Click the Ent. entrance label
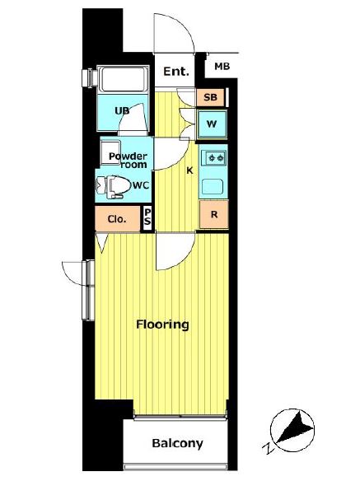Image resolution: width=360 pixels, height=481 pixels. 175,72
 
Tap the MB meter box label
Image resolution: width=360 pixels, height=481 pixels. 222,66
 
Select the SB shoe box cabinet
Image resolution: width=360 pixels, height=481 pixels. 211,97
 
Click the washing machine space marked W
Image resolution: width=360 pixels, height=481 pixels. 212,124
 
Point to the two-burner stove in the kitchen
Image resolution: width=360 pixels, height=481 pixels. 214,158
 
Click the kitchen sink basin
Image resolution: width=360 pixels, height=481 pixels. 213,186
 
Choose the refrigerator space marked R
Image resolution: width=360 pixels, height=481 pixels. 214,214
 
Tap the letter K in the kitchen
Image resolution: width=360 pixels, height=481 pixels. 190,170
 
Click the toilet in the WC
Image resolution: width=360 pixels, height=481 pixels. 113,186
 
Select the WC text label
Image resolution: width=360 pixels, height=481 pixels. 141,185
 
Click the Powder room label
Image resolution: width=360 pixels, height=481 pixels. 128,160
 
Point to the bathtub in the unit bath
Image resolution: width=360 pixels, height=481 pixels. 123,79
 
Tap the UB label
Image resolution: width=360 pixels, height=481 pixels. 122,110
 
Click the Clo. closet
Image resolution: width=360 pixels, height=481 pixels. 117,219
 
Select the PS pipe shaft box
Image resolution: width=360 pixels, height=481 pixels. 147,217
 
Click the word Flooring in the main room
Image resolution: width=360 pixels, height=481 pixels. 162,325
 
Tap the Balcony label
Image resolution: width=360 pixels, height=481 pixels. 177,444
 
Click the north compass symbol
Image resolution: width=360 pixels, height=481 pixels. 292,431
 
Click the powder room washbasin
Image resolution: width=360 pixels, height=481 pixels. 110,152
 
